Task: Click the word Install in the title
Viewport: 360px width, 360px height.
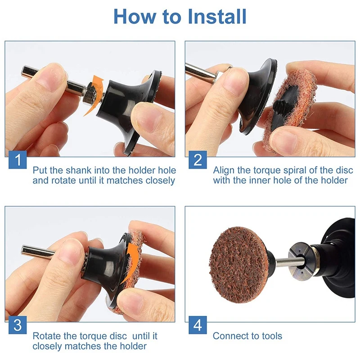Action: (x=217, y=16)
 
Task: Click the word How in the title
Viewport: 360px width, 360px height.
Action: (x=134, y=16)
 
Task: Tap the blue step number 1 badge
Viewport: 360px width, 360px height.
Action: (x=18, y=160)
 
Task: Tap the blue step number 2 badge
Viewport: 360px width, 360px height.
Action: (x=198, y=160)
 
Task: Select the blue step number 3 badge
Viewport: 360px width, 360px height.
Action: (x=18, y=325)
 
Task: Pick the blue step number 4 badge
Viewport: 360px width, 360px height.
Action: (x=198, y=325)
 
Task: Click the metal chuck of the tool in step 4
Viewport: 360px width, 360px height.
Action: (x=301, y=261)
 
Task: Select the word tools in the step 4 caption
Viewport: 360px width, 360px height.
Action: (x=272, y=336)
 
